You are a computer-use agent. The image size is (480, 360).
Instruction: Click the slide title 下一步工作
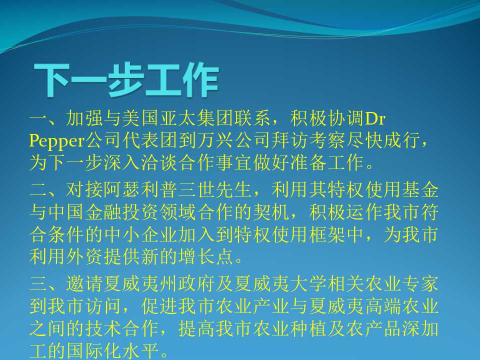(x=126, y=80)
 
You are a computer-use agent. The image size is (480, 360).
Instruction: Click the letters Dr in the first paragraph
(x=375, y=119)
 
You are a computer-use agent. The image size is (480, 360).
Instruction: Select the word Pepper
(x=57, y=141)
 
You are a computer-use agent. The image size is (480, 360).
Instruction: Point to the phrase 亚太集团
(x=197, y=119)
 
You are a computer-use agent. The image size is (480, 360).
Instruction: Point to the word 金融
(x=104, y=212)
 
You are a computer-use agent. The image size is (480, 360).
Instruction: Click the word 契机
(x=272, y=212)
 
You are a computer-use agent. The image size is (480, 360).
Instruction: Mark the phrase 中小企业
(x=141, y=234)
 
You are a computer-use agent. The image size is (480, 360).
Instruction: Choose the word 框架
(x=328, y=234)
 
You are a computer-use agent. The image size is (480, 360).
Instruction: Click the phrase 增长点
(x=206, y=256)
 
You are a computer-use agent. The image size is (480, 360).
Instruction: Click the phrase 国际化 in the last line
(x=94, y=351)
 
